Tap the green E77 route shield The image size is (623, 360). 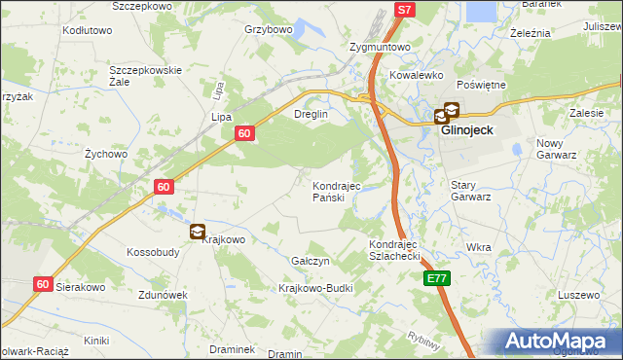coord(437,278)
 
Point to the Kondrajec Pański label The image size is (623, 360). coord(336,192)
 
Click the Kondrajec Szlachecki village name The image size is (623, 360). coord(393,250)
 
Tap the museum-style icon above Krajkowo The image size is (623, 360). coord(198,231)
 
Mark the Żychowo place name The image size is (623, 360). coord(106,154)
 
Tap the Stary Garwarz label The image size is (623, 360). coord(471,190)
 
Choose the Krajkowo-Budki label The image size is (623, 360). coord(315,289)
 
